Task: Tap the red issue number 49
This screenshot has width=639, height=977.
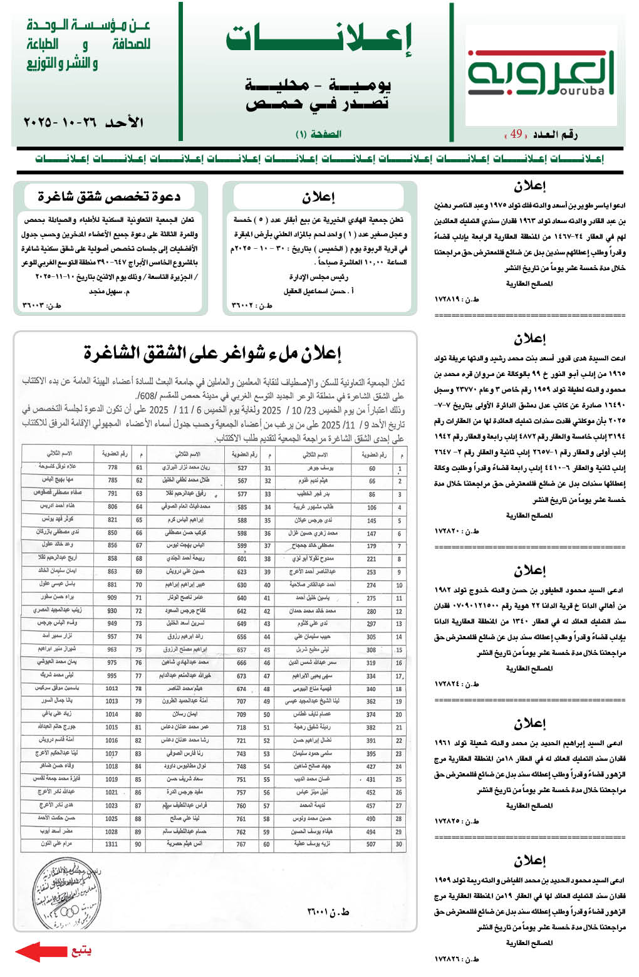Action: pos(516,134)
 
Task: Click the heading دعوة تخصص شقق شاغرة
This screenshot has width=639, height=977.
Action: pos(109,197)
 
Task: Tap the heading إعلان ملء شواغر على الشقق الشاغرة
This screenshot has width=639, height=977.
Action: pos(213,353)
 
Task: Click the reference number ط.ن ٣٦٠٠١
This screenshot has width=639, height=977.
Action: pos(328,912)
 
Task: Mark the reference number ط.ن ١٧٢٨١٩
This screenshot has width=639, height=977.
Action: pos(457,300)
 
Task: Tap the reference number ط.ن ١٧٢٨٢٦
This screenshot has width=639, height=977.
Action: pos(457,959)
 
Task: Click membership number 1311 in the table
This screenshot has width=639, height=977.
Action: pos(112,844)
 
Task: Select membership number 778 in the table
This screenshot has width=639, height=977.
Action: pos(112,468)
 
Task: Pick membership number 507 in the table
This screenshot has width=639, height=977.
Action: pos(371,844)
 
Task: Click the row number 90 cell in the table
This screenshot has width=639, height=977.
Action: pos(138,844)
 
